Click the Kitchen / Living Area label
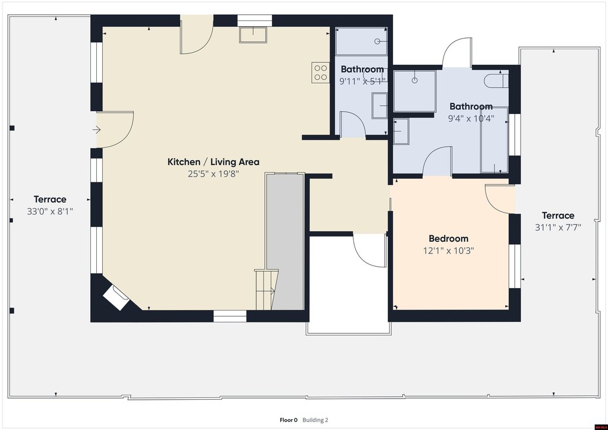213,162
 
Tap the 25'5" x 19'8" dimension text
213,173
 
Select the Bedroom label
448,238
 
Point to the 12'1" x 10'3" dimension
448,251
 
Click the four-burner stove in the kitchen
320,72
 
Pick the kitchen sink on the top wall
253,35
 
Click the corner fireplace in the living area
116,298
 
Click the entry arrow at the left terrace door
97,129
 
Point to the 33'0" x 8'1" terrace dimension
50,211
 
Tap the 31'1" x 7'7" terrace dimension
558,227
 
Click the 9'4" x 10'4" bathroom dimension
471,118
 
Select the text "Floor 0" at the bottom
289,420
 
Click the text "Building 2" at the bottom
315,420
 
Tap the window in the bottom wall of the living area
230,316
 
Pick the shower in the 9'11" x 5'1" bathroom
361,41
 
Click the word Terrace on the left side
50,200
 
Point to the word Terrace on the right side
558,215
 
